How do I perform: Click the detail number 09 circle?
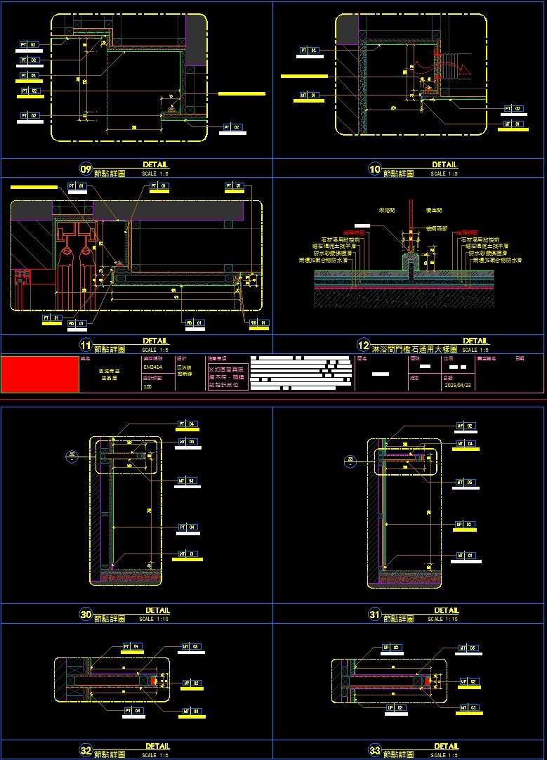pos(86,169)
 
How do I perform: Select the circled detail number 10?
pos(375,169)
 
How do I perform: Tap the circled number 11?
pos(86,346)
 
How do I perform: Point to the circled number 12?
pos(364,346)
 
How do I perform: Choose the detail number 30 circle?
pos(86,615)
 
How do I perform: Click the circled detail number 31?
pos(375,615)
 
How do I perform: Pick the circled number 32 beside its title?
pos(86,751)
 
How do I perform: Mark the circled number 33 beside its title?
pos(375,751)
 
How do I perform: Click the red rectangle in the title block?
pos(40,374)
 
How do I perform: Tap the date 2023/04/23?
pos(457,386)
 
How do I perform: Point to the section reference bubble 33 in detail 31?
pos(351,461)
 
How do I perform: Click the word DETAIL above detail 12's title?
pos(475,341)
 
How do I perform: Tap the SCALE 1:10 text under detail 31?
pos(444,620)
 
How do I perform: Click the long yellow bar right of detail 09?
pos(242,93)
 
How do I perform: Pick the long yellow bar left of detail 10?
pos(304,75)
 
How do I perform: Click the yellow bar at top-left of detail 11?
pos(34,188)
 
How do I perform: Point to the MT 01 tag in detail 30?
pos(190,554)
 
